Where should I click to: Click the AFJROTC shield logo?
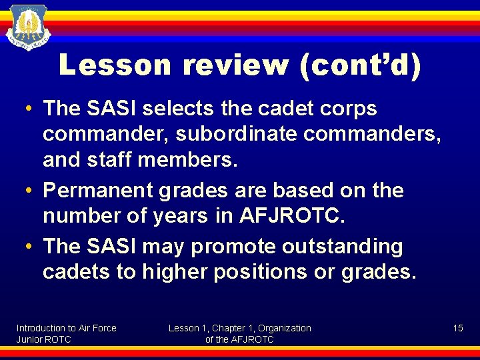(x=28, y=29)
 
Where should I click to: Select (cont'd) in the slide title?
(x=361, y=65)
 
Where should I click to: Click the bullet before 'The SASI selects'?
(x=31, y=109)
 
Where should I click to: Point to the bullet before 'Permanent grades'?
(x=31, y=191)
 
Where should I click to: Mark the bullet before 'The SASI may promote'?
(x=31, y=247)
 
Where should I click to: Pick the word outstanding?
(x=342, y=247)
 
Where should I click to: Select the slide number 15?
(x=458, y=328)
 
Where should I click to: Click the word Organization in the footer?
(x=285, y=328)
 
